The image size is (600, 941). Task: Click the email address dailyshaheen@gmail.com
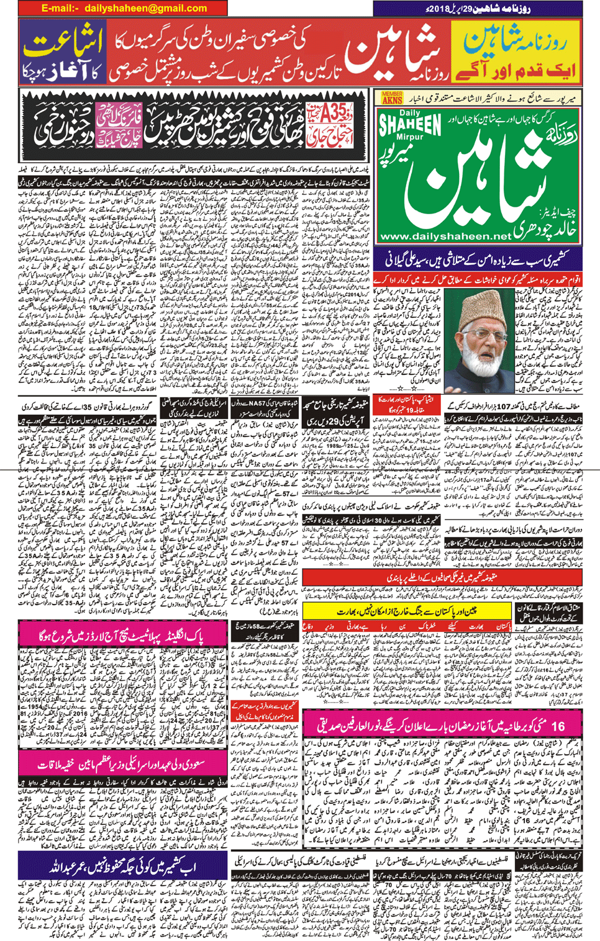coord(145,8)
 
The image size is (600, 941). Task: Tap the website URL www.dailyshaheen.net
coord(445,236)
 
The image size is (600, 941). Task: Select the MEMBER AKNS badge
coord(392,97)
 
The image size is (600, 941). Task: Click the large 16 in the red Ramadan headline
coord(558,725)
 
